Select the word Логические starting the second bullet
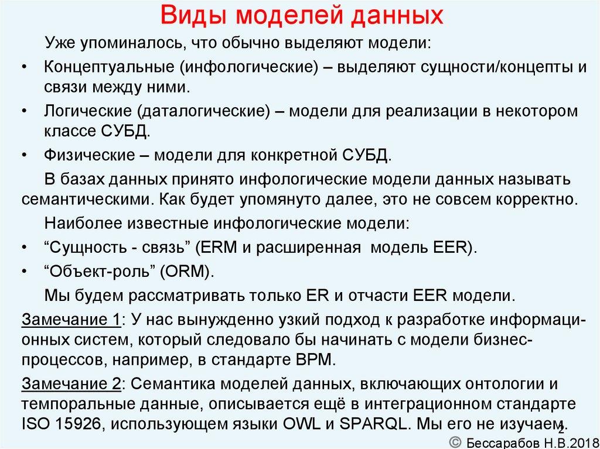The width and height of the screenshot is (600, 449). click(86, 111)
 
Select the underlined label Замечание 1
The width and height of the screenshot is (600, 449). click(71, 320)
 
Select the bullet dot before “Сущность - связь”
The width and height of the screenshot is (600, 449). click(23, 247)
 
